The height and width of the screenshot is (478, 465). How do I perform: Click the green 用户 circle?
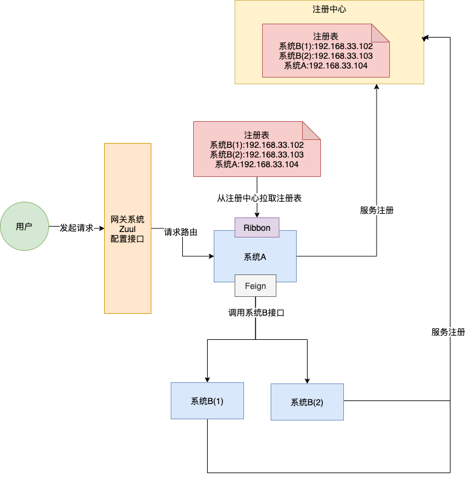[x=24, y=226]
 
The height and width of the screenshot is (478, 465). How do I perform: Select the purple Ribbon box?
[x=257, y=227]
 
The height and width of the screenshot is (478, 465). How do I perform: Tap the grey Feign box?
[x=256, y=285]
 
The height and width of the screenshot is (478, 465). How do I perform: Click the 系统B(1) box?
[x=207, y=400]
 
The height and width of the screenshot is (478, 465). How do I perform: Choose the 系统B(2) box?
[x=307, y=402]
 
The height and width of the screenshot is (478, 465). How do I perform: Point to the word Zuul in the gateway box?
[x=127, y=229]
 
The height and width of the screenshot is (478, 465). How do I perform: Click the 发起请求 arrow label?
[x=76, y=228]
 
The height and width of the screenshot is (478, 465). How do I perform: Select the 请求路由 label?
[x=180, y=232]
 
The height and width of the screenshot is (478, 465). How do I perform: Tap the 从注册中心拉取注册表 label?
[x=259, y=198]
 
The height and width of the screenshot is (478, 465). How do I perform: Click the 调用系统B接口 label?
[x=256, y=313]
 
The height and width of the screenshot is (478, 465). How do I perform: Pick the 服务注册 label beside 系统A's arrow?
[x=377, y=210]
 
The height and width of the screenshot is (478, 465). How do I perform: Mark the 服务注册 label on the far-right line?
[x=448, y=332]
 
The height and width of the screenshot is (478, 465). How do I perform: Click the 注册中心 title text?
[x=329, y=9]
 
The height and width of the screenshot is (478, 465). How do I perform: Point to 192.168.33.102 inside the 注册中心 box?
[x=343, y=46]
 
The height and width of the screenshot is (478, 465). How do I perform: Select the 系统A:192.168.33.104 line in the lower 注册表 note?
[x=257, y=164]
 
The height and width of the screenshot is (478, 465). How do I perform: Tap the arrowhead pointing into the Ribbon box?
[x=257, y=215]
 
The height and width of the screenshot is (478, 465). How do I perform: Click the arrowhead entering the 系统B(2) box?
[x=307, y=381]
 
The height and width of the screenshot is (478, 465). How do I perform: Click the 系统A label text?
[x=255, y=257]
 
